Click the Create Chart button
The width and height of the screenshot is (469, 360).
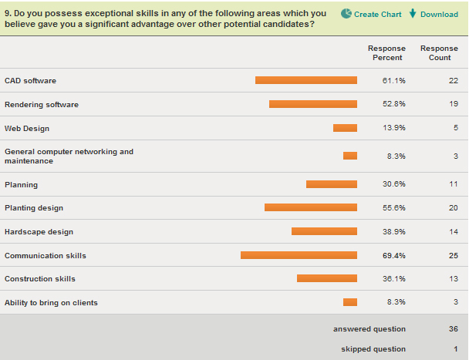pos(371,14)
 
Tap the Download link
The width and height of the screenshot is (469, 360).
pos(434,14)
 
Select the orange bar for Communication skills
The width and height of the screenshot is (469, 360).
pos(299,255)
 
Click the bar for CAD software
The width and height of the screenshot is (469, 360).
pos(305,80)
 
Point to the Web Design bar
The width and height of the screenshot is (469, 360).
pos(345,128)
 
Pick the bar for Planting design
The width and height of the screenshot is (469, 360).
pos(310,207)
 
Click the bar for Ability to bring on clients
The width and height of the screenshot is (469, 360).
pos(350,302)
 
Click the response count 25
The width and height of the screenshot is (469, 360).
pos(453,255)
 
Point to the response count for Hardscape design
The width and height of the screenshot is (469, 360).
pos(453,231)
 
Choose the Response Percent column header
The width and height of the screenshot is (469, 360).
pos(387,53)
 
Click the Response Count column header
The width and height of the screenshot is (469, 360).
pos(439,53)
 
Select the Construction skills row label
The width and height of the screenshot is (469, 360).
pos(40,279)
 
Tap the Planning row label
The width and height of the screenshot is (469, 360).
pos(21,185)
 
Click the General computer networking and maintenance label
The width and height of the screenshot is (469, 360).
pos(69,156)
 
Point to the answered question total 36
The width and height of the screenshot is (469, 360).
pos(453,329)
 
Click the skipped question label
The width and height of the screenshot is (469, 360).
pos(373,349)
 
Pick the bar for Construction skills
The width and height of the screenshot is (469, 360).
pos(327,278)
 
